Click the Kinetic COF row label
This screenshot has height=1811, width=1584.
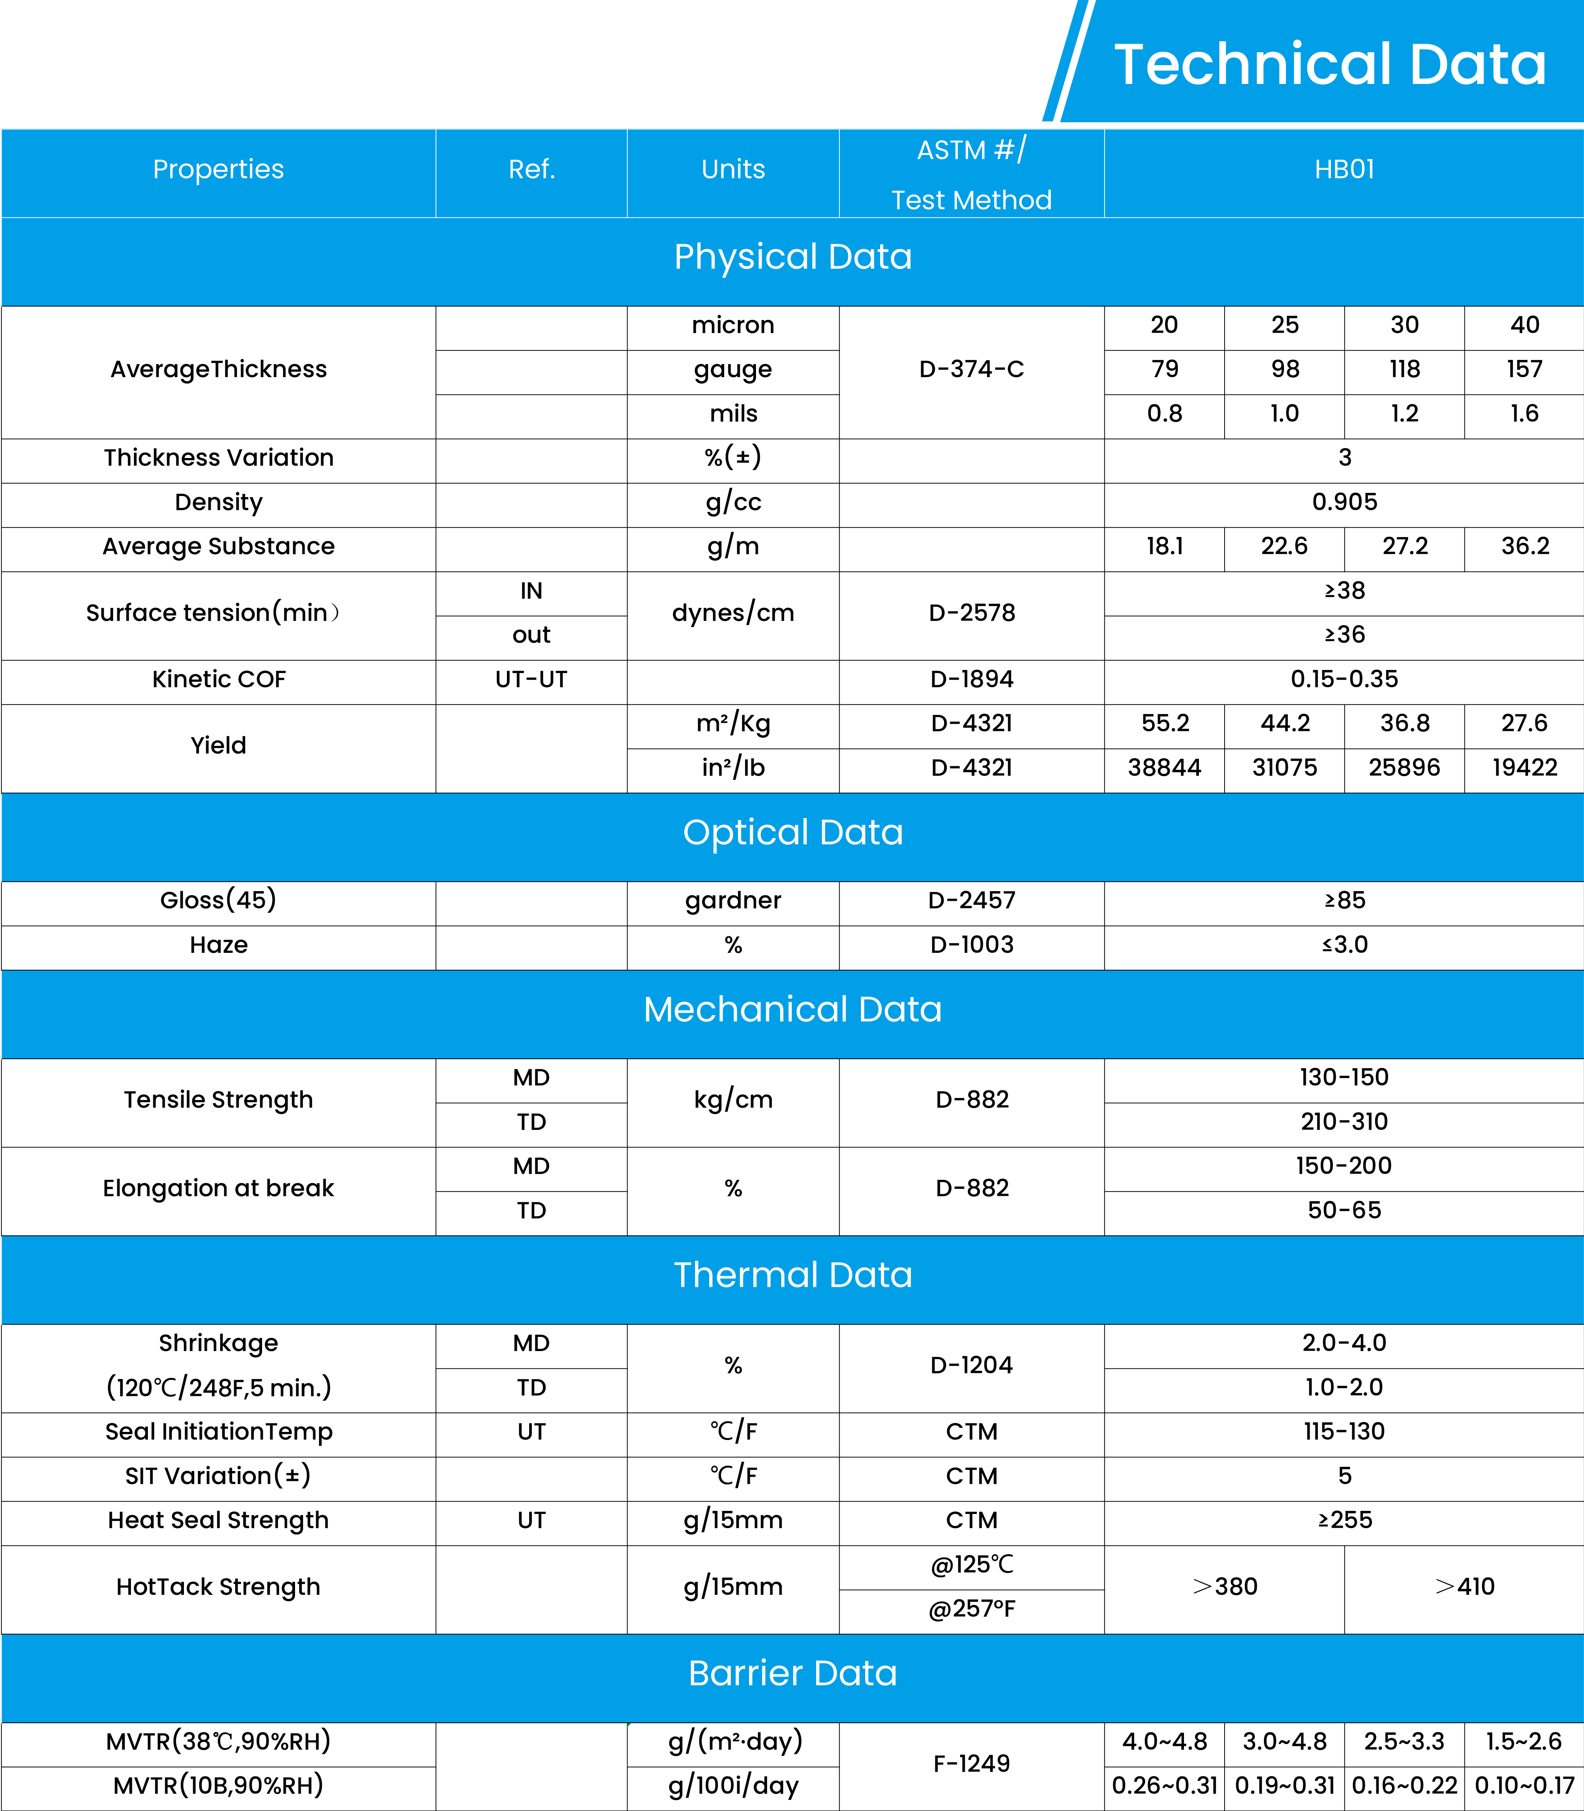coord(218,679)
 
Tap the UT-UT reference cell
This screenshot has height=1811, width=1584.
coord(531,679)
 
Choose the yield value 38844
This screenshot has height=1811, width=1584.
coord(1164,768)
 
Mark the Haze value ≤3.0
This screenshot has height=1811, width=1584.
coord(1344,944)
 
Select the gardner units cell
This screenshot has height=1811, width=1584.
coord(733,900)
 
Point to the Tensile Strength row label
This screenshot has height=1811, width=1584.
coord(218,1099)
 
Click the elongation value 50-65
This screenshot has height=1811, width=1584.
coord(1344,1210)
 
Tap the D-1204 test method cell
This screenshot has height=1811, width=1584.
coord(971,1364)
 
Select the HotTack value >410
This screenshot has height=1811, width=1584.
coord(1464,1586)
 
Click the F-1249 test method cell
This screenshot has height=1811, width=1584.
coord(971,1763)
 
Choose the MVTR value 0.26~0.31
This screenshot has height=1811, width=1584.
coord(1164,1785)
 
